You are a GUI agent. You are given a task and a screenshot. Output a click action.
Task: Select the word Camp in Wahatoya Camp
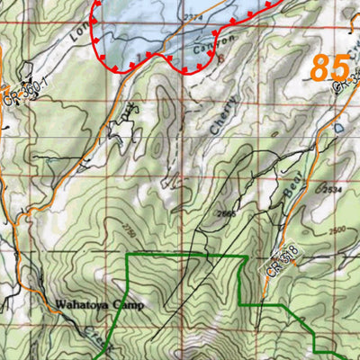point(126,304)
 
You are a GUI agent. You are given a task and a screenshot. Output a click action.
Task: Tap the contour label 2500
point(338,232)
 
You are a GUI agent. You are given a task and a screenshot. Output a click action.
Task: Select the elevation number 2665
point(226,214)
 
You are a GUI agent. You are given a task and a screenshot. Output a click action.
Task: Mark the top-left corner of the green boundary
point(127,256)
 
